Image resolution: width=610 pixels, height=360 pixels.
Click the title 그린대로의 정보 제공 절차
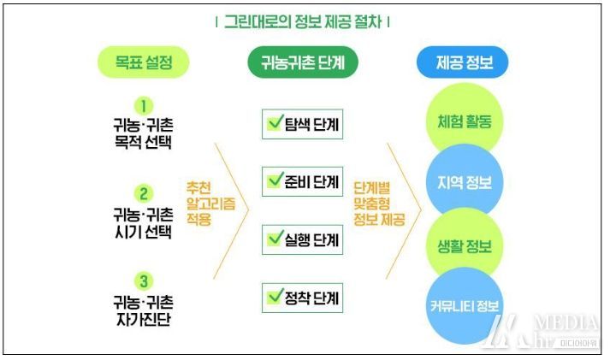tap(303, 21)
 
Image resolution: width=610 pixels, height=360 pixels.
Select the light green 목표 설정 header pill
tap(144, 62)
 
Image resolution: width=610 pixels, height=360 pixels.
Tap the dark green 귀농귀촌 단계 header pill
tap(303, 62)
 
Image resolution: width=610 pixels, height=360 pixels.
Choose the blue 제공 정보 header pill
tap(463, 62)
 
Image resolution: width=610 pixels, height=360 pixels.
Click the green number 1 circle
tap(144, 106)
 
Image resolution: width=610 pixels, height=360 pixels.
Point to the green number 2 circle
tap(144, 193)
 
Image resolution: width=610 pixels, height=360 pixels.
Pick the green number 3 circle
tap(144, 281)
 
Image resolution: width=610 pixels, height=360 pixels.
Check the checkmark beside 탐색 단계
tap(275, 122)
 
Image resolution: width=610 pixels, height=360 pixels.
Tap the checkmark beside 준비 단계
tap(275, 180)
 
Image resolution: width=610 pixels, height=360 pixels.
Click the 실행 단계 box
tap(302, 239)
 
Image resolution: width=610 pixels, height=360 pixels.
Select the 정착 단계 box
tap(302, 298)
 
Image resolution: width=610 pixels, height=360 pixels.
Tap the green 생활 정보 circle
tap(465, 245)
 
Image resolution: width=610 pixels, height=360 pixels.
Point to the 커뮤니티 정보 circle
tap(465, 305)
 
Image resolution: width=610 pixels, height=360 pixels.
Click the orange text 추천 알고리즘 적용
tap(210, 204)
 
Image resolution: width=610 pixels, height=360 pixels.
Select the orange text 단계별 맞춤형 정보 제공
tap(379, 204)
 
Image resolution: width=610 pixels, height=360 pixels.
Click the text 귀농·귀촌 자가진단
tap(143, 310)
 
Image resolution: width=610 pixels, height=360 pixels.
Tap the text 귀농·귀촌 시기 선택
tap(143, 223)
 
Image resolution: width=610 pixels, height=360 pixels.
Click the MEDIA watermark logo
tap(543, 331)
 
